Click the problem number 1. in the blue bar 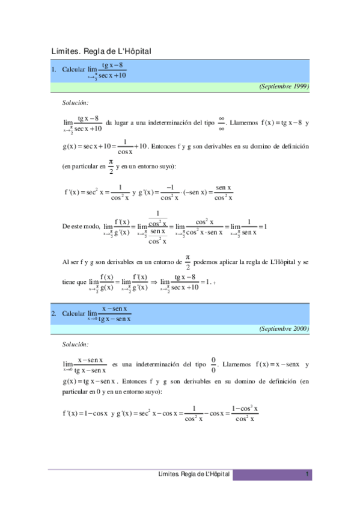[54, 70]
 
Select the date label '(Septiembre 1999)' [284, 87]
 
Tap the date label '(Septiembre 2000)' [284, 329]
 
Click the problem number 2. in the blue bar [54, 313]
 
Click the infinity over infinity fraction [221, 123]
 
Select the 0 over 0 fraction [213, 365]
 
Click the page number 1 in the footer [307, 475]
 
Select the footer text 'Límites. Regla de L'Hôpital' [193, 475]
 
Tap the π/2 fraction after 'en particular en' [111, 165]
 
